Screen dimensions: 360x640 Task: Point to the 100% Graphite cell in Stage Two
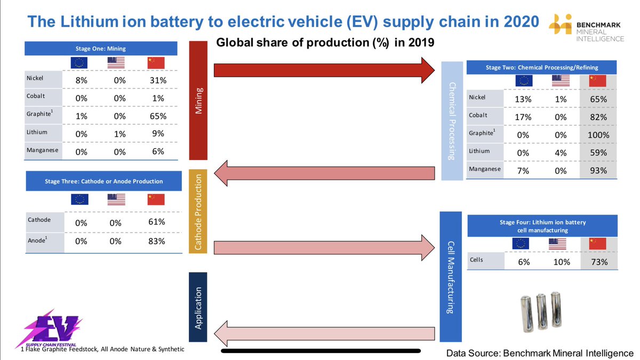[x=598, y=135]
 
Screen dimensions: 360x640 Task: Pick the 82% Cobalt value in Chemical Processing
[x=598, y=117]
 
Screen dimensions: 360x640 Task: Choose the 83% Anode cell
[x=156, y=241]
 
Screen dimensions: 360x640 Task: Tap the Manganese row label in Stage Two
[x=485, y=169]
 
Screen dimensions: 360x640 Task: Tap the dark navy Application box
[x=197, y=307]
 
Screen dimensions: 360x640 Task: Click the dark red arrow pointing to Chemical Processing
[x=325, y=69]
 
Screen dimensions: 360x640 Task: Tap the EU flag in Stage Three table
[x=79, y=199]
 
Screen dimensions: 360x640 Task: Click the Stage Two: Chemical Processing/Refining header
[x=541, y=68]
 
